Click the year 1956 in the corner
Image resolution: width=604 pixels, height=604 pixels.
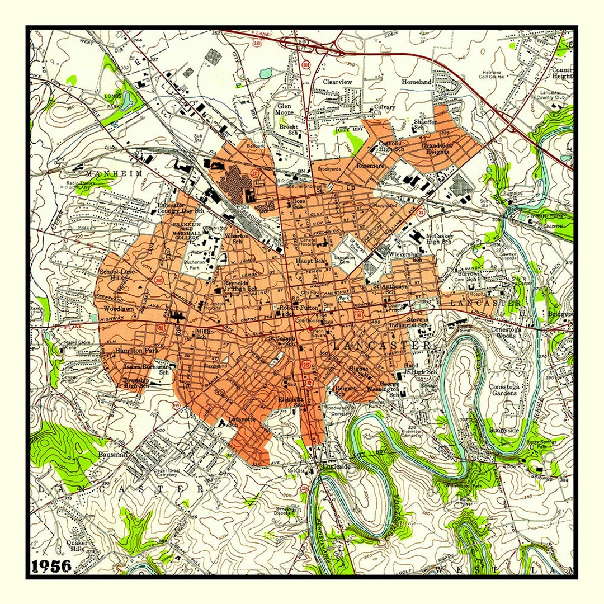click(51, 566)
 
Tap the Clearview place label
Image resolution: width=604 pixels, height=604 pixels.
click(337, 82)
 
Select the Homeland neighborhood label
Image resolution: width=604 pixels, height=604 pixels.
click(417, 82)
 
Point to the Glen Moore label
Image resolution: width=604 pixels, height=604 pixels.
click(284, 108)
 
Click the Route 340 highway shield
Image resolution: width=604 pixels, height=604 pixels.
click(159, 280)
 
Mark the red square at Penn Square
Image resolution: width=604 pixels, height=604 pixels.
click(310, 330)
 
